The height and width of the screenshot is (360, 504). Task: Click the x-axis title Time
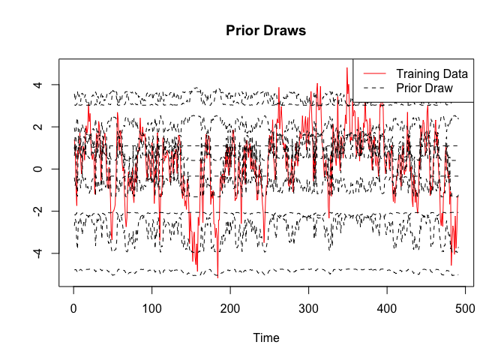266,338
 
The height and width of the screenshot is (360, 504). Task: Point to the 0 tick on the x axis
73,307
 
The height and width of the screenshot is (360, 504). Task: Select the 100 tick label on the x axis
151,307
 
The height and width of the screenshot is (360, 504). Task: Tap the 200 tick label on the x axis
230,307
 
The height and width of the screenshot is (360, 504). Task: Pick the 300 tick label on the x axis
308,307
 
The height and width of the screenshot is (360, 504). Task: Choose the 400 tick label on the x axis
386,307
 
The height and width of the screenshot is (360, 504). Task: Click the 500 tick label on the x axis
464,307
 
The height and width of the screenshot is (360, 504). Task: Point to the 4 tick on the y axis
37,85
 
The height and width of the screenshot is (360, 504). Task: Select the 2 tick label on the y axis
37,127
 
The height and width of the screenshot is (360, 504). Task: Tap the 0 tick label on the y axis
37,169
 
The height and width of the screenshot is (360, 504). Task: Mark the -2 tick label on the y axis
37,212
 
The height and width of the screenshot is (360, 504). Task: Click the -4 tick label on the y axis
37,254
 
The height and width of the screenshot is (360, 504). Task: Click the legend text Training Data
432,73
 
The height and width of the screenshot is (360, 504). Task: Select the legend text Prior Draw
424,88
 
